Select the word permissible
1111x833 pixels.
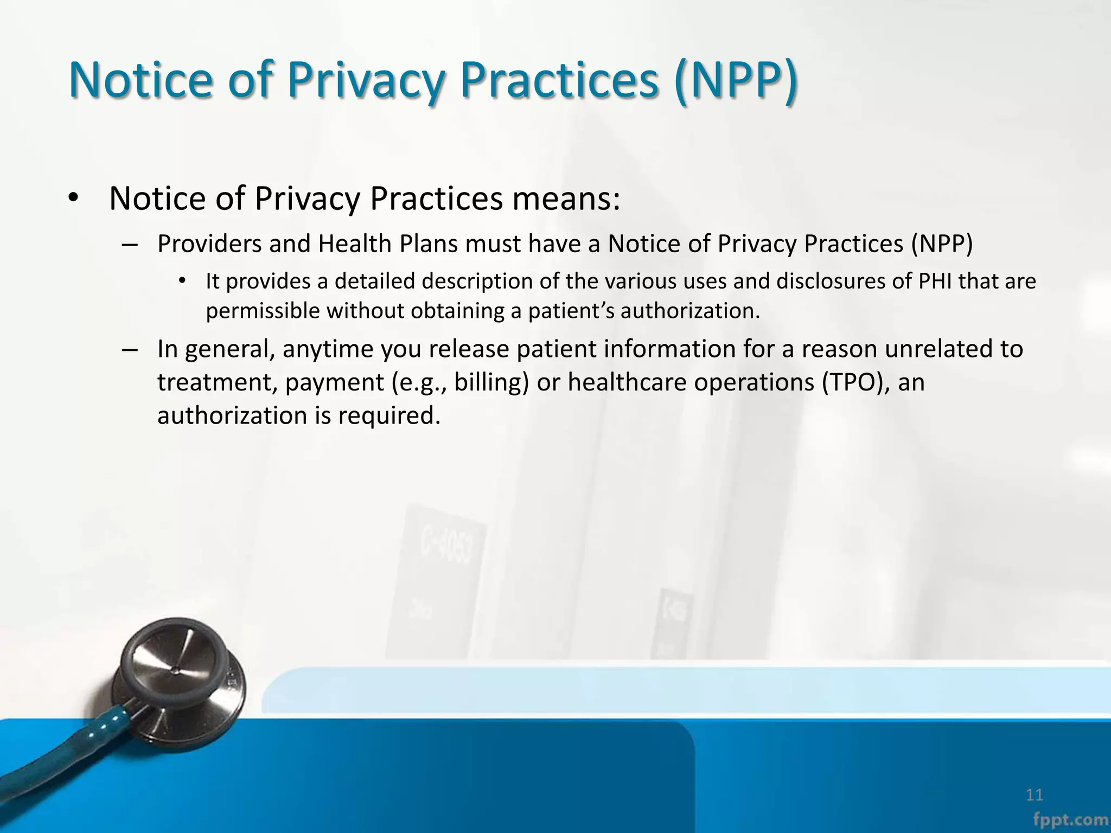point(263,311)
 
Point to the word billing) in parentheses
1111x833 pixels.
point(491,382)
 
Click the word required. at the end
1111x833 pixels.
point(389,415)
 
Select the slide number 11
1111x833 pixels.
point(1035,795)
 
